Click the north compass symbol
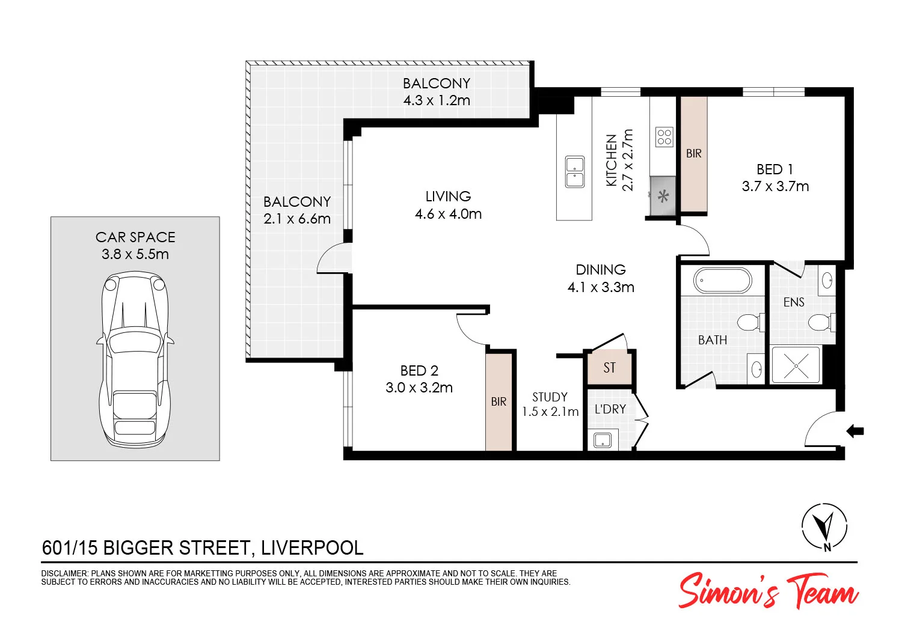point(824,526)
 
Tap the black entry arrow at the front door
point(855,430)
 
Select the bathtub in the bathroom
point(722,281)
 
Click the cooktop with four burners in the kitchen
point(664,137)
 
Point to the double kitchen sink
point(575,171)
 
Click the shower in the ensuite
point(796,365)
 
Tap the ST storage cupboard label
point(609,368)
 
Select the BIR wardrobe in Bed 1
point(693,154)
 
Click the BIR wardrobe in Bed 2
point(499,401)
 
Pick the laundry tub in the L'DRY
point(602,440)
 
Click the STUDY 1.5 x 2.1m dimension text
point(550,412)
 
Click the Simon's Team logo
point(769,591)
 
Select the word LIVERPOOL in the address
point(312,548)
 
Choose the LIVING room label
point(448,197)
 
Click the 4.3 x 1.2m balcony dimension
point(437,100)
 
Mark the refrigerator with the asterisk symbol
point(663,196)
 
